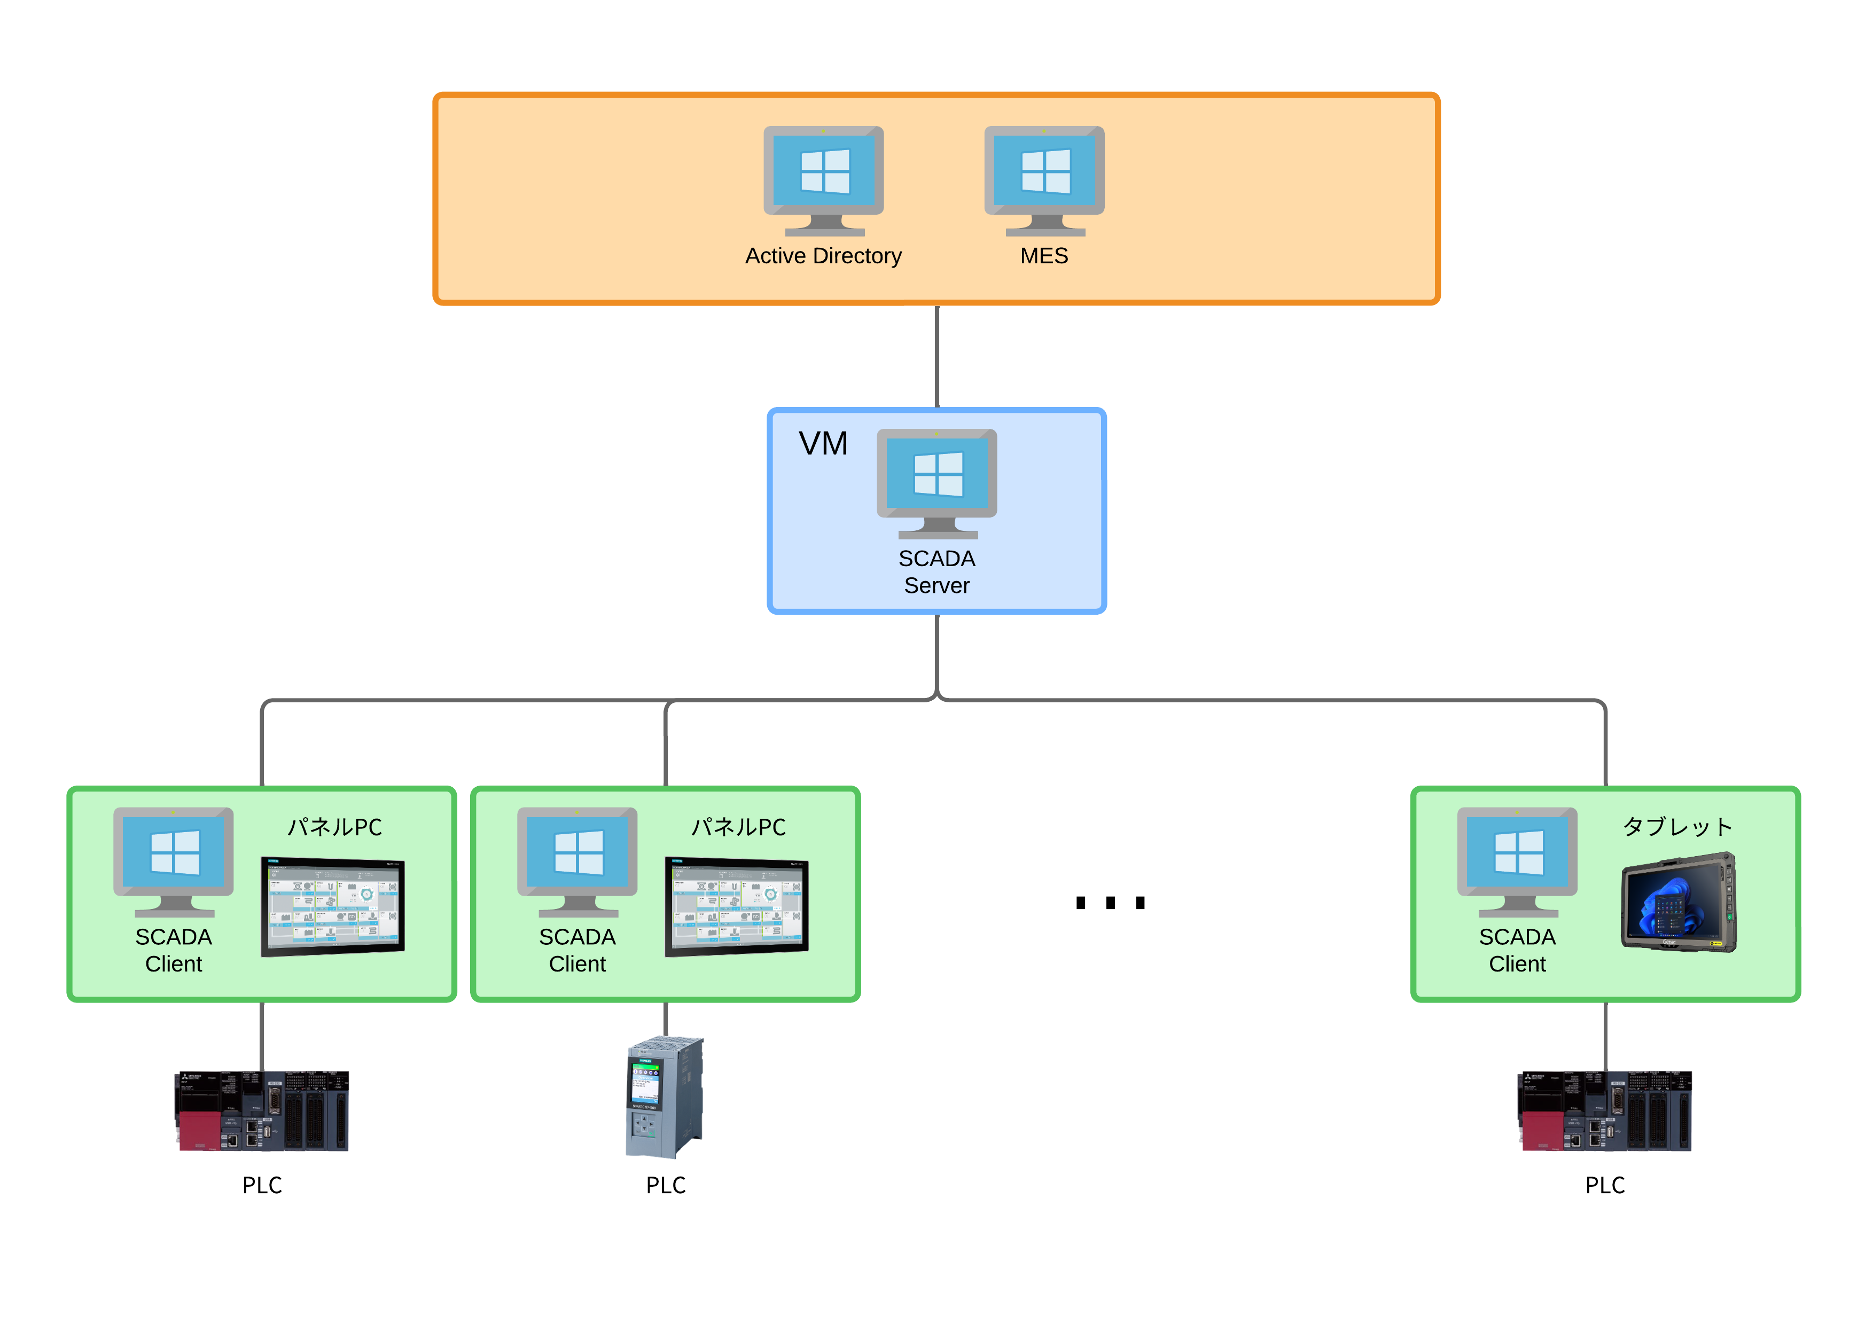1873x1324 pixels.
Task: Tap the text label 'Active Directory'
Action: pos(823,256)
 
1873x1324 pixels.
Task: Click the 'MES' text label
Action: pos(1044,256)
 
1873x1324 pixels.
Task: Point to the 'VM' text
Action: pos(823,444)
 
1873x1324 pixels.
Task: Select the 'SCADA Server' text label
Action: pos(936,572)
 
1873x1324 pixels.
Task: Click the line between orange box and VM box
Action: pos(936,356)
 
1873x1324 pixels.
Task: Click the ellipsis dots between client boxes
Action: pos(1110,902)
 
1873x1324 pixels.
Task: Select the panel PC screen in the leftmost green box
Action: pos(333,906)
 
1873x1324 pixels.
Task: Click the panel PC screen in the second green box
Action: pos(737,906)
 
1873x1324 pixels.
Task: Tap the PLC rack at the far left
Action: pos(262,1111)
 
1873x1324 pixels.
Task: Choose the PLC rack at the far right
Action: pos(1605,1111)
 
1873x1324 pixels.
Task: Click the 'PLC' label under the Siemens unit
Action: pos(666,1185)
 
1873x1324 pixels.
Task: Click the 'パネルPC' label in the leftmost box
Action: pos(334,827)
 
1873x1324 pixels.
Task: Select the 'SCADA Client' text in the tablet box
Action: pos(1517,950)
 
